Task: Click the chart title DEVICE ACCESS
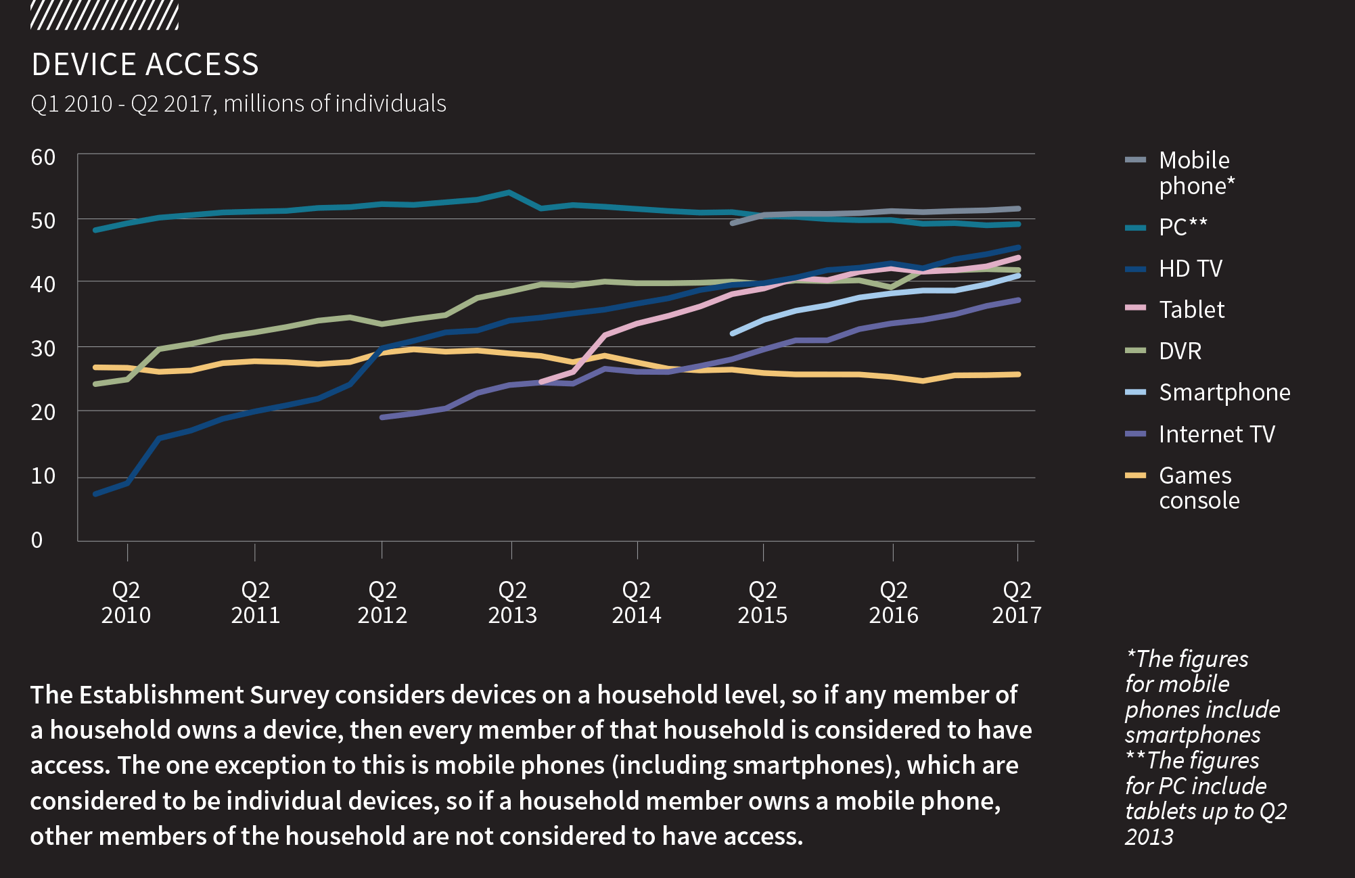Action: pyautogui.click(x=145, y=65)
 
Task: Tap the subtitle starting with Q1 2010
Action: pyautogui.click(x=238, y=103)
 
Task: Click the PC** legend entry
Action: pyautogui.click(x=1182, y=227)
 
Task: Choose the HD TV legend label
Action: pyautogui.click(x=1190, y=269)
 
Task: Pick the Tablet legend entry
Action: pyautogui.click(x=1191, y=310)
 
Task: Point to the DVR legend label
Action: pyautogui.click(x=1180, y=351)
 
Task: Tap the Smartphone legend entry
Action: pyautogui.click(x=1224, y=392)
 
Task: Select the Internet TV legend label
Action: pyautogui.click(x=1216, y=434)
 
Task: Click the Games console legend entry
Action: pyautogui.click(x=1199, y=488)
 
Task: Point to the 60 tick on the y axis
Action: pyautogui.click(x=43, y=158)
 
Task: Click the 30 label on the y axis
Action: pyautogui.click(x=43, y=348)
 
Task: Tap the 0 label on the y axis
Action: pyautogui.click(x=37, y=540)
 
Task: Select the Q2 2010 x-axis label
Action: pyautogui.click(x=126, y=603)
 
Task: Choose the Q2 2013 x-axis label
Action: pyautogui.click(x=512, y=603)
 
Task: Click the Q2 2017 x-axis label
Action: pyautogui.click(x=1016, y=603)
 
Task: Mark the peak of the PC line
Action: pyautogui.click(x=509, y=192)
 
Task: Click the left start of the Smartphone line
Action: pyautogui.click(x=733, y=333)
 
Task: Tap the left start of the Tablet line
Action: pyautogui.click(x=541, y=382)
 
